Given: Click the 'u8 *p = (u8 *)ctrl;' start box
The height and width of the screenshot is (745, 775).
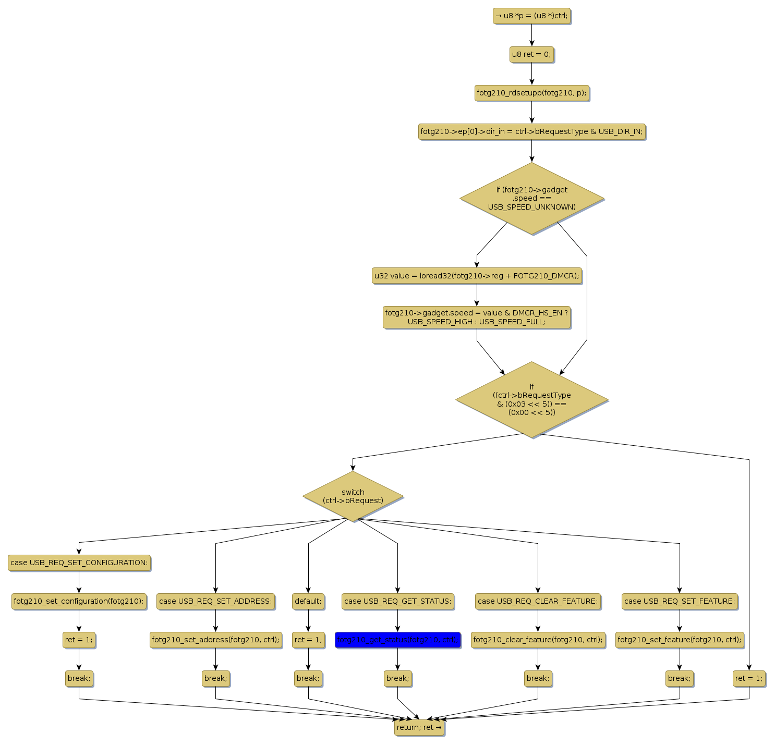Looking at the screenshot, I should pos(531,16).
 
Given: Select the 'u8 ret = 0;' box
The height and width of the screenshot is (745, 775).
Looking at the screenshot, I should pos(531,54).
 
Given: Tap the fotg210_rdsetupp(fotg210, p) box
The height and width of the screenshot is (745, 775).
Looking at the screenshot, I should pos(531,93).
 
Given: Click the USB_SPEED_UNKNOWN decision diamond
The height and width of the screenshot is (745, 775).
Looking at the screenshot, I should pos(531,199).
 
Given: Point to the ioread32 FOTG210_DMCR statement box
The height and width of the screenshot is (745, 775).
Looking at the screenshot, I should pos(477,276).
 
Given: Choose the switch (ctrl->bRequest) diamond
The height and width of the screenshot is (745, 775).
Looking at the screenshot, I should pos(353,496).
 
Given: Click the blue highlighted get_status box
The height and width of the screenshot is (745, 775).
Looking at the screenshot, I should pos(397,640).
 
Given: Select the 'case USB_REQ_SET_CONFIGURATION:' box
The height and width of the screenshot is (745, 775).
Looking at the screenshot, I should pos(79,563).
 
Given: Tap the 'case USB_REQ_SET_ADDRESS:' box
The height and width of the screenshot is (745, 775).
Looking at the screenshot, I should pos(215,601).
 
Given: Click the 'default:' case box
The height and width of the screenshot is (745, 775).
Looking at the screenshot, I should pos(308,601).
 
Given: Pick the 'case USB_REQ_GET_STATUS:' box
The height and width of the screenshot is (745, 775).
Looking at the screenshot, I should pos(397,601).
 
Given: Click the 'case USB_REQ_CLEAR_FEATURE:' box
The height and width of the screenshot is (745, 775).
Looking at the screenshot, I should pos(538,601).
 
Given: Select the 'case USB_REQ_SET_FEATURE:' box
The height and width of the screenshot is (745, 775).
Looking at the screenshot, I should pos(680,601).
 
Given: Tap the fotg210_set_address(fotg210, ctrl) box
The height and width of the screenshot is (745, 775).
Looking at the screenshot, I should pos(215,640).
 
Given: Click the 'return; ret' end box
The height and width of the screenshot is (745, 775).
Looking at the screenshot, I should pos(419,727).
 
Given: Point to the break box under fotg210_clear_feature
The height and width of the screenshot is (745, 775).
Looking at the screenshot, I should pos(538,678).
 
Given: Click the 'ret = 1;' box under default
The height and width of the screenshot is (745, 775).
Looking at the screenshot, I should pos(308,640).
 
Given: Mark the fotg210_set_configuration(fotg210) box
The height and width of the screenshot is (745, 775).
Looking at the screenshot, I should pos(79,601).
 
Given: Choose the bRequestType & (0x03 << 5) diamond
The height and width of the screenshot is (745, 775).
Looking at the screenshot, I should pos(531,400).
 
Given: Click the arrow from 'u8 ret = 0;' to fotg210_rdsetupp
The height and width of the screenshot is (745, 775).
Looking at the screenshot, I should pos(531,74).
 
